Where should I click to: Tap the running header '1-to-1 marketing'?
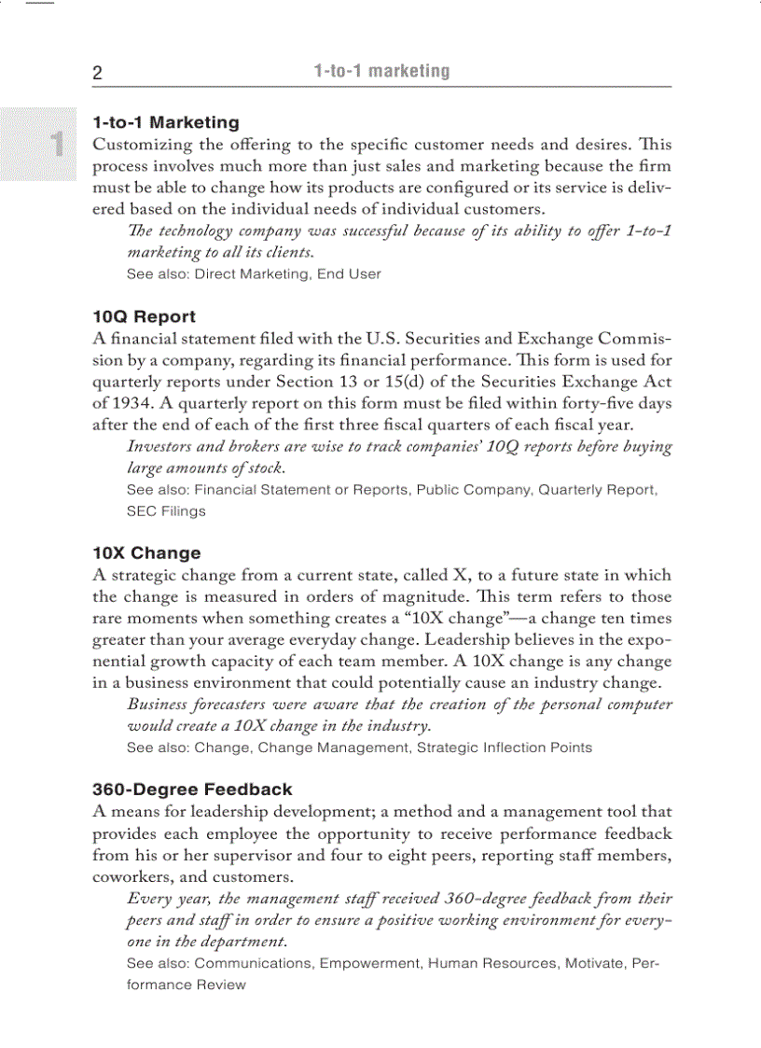pos(380,72)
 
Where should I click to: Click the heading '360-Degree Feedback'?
pos(192,789)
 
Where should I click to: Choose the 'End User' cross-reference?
pos(349,274)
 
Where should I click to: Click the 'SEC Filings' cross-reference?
pos(166,511)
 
